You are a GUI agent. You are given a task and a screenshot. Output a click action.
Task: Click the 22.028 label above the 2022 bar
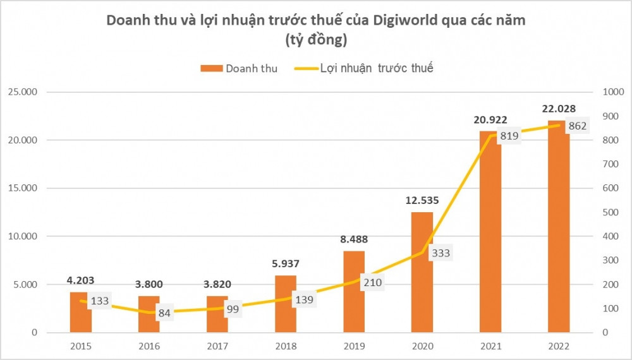559,109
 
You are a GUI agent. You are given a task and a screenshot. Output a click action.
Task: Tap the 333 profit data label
439,253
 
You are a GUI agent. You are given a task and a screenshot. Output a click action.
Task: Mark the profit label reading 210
371,282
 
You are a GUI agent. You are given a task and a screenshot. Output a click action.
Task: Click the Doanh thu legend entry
240,68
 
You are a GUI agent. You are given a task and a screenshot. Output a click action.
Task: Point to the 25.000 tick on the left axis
23,92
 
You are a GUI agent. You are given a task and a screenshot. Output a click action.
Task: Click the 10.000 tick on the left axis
23,236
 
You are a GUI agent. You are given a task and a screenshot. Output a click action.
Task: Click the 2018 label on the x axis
286,346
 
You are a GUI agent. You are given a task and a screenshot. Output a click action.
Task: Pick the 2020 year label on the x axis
422,346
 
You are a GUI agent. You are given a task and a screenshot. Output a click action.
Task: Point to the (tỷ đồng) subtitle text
315,40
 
